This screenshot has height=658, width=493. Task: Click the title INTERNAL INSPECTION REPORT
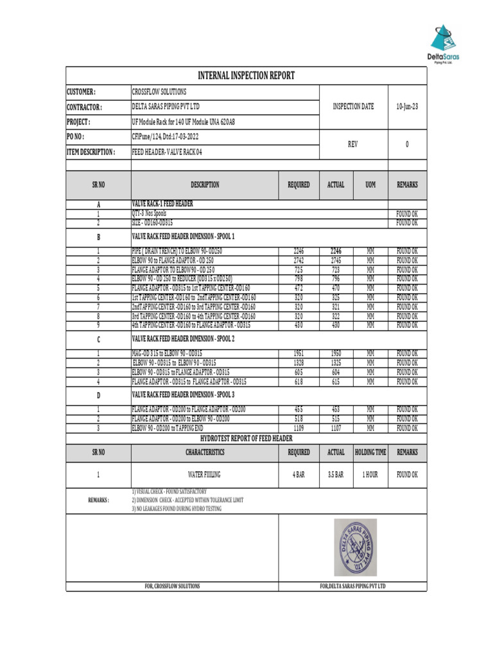[246, 76]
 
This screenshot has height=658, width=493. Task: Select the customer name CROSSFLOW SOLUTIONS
[159, 92]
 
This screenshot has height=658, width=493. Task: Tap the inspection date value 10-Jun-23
[407, 107]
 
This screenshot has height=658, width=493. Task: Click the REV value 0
[407, 145]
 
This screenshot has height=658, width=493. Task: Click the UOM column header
[370, 185]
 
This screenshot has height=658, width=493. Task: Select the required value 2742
[298, 261]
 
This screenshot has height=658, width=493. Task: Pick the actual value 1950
[336, 354]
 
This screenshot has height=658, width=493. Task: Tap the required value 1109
[298, 428]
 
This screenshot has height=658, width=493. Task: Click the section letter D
[98, 395]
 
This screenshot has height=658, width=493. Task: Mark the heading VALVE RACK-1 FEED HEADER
[162, 204]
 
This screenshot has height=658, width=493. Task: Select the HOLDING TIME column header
[370, 452]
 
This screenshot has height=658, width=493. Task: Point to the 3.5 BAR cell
[336, 475]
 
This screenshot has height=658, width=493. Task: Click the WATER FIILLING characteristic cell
[205, 475]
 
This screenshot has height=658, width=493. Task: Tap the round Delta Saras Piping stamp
[354, 547]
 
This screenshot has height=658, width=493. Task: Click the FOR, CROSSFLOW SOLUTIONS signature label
[172, 586]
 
